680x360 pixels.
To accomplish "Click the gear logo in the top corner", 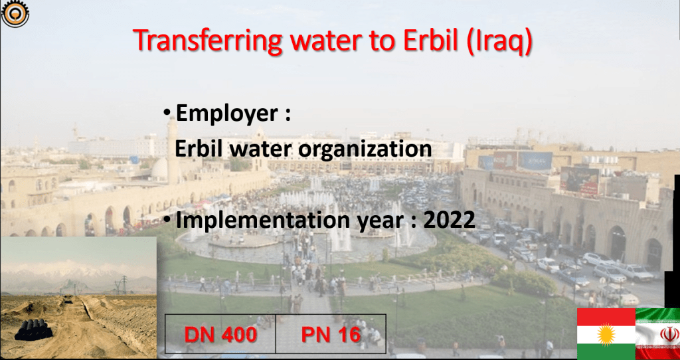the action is (x=15, y=13).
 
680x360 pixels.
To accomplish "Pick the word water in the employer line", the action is (x=261, y=150).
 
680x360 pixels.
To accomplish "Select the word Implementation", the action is (x=262, y=221).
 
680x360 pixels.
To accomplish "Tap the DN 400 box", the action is (x=220, y=333).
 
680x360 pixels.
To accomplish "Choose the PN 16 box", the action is (x=331, y=333).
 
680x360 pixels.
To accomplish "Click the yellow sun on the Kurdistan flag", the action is (x=606, y=334).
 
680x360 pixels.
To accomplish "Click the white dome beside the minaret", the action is (x=159, y=169).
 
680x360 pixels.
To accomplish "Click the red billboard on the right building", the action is (x=579, y=181).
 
